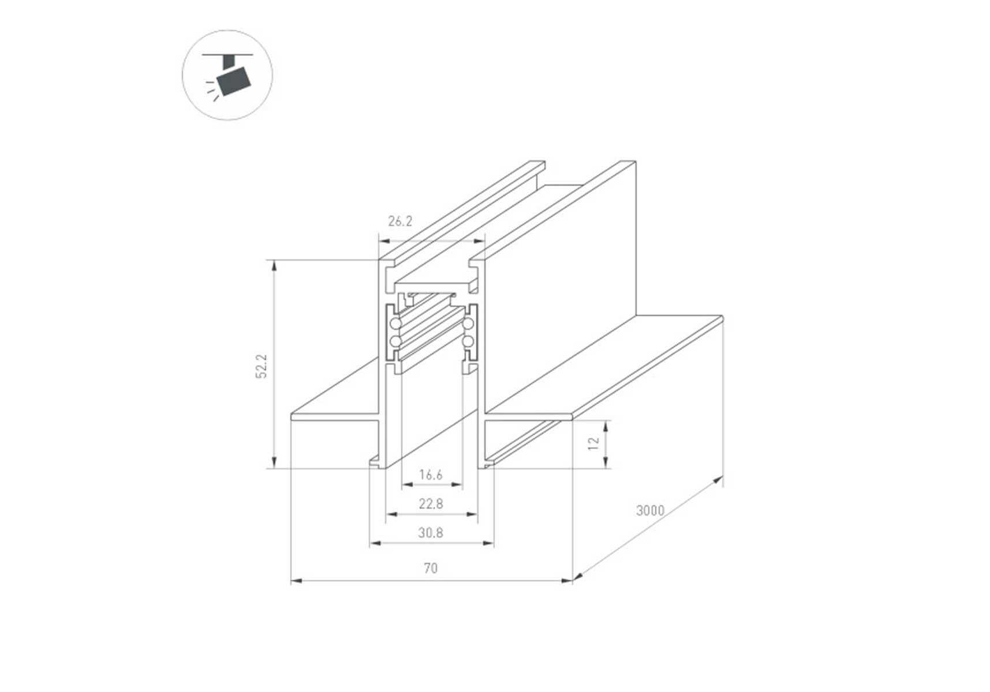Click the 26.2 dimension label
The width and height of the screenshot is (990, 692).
click(x=400, y=221)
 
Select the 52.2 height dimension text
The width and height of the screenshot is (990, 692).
click(x=262, y=366)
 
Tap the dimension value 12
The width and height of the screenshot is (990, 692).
click(x=593, y=443)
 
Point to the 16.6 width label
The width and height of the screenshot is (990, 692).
click(x=431, y=475)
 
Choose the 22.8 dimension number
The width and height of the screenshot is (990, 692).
click(x=431, y=504)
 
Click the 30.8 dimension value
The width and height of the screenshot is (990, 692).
click(x=431, y=533)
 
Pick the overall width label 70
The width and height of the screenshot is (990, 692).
click(x=431, y=569)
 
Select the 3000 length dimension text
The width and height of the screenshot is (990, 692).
click(x=650, y=510)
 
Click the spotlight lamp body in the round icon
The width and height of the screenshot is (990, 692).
click(x=233, y=80)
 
